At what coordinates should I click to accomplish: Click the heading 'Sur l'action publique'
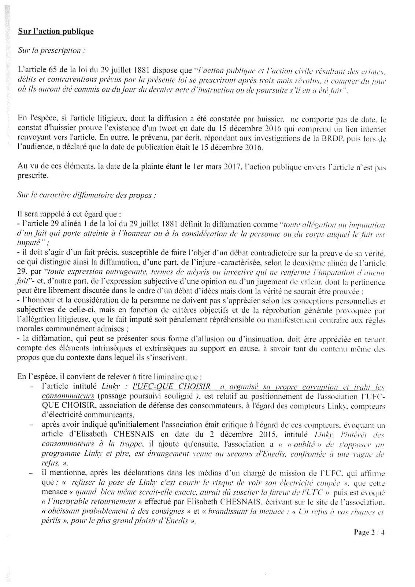(x=56, y=32)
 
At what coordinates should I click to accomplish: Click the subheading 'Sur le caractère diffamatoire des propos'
(x=87, y=195)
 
